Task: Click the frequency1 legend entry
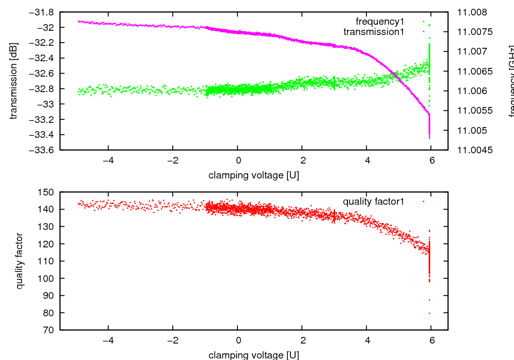[x=380, y=22]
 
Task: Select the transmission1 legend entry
[x=374, y=32]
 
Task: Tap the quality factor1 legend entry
[x=373, y=202]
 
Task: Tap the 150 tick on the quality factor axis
[x=47, y=192]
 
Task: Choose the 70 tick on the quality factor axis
[x=49, y=330]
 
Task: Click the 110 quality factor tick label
[x=47, y=261]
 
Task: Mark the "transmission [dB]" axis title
[x=14, y=81]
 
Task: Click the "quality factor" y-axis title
[x=20, y=261]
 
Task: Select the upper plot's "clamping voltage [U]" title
[x=254, y=175]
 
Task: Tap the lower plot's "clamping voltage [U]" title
[x=254, y=355]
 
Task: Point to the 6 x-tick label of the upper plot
[x=432, y=160]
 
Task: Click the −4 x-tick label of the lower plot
[x=108, y=339]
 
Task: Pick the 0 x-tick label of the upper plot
[x=237, y=160]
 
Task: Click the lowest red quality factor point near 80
[x=429, y=313]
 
